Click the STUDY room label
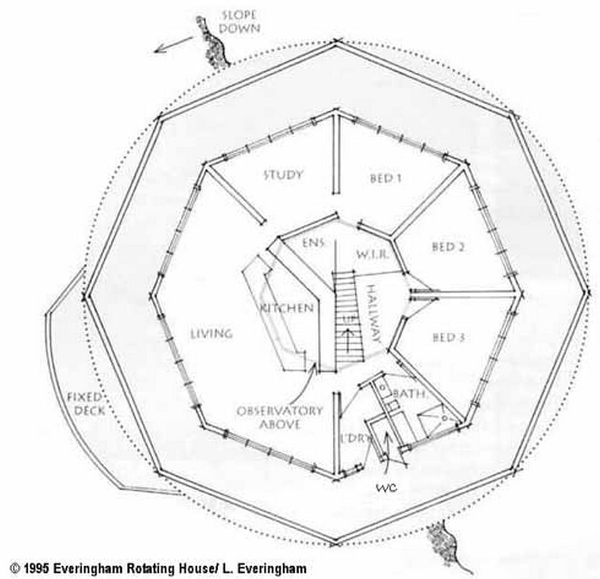click(283, 175)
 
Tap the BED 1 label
click(386, 178)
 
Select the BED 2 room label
click(449, 246)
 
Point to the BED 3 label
click(449, 337)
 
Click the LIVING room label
click(212, 334)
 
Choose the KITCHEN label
click(287, 308)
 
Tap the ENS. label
click(314, 243)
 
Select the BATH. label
click(409, 393)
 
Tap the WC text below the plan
click(386, 488)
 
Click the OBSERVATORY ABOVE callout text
click(279, 418)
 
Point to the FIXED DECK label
click(85, 404)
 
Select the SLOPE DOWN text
click(240, 22)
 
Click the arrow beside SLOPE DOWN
click(174, 45)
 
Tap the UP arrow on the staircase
click(348, 340)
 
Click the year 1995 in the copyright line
click(37, 569)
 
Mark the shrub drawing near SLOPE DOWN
click(212, 42)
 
